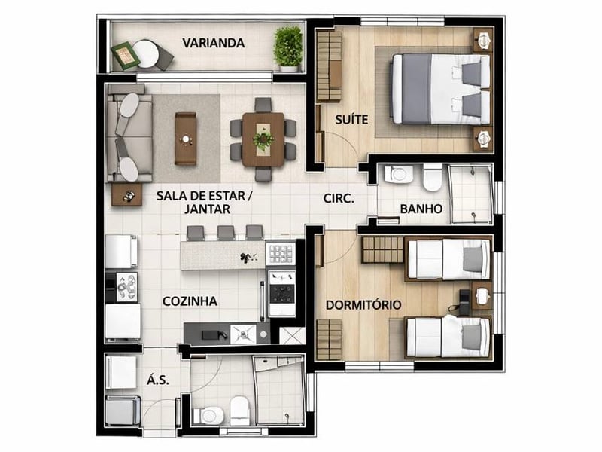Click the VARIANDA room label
point(214,43)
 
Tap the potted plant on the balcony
point(288,48)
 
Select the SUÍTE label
point(351,120)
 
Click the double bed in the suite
point(440,89)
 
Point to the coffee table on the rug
point(185,139)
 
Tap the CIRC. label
point(339,198)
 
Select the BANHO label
point(421,209)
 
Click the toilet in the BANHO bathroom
point(432,177)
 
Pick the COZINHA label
point(190,301)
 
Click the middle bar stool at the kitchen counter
point(226,233)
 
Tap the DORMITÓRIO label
point(363,305)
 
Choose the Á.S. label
point(158,380)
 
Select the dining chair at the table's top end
point(263,105)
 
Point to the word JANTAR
point(208,209)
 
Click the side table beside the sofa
point(126,195)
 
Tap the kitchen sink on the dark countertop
point(242,334)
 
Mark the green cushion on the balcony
point(125,56)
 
